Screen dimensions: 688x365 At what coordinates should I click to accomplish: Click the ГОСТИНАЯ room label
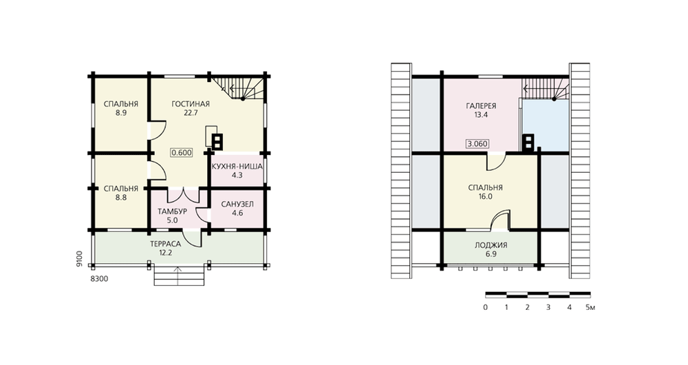coord(191,104)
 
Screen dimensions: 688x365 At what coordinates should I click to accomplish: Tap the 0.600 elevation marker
coord(182,152)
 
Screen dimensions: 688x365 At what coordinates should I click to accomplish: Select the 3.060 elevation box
coord(477,144)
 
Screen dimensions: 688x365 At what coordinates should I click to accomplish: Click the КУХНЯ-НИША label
coord(237,167)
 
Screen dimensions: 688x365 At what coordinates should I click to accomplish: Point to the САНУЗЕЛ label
coord(237,205)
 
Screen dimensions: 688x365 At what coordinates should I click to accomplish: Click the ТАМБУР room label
coord(173,211)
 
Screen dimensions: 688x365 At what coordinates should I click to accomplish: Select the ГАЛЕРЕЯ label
coord(481,106)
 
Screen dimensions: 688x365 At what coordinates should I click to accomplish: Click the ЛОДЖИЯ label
coord(491,245)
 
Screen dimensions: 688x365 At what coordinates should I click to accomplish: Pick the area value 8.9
coord(121,113)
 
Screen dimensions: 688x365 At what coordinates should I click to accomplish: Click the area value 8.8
coord(121,198)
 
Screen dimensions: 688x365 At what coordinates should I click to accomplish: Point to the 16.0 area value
coord(485,196)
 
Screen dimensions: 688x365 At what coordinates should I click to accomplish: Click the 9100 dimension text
coord(79,258)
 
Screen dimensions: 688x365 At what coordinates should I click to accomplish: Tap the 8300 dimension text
coord(99,278)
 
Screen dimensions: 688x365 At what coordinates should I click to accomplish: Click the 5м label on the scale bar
coord(590,307)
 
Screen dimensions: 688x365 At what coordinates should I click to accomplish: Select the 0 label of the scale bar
coord(485,307)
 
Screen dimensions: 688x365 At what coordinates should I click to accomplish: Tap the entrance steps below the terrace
coord(179,276)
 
